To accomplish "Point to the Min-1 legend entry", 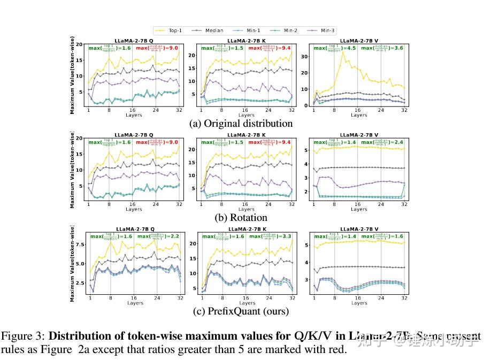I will (x=249, y=30).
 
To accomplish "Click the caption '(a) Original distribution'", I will (x=241, y=124).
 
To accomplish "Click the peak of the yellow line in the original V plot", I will (x=342, y=52).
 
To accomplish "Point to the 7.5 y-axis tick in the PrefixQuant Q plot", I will (x=79, y=244).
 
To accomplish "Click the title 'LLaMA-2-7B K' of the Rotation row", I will (x=246, y=134).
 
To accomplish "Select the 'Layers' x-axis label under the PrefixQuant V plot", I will (x=359, y=303).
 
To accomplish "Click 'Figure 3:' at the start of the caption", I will (x=24, y=336).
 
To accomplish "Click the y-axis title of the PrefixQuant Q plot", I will (x=72, y=263).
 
